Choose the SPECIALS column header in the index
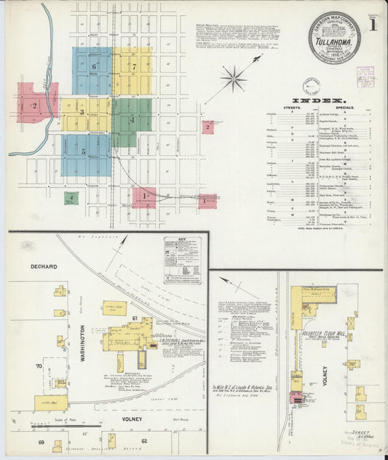[x=348, y=108]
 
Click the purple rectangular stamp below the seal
[x=365, y=78]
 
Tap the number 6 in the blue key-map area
[x=95, y=67]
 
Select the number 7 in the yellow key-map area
[x=134, y=66]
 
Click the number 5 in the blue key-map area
[x=84, y=151]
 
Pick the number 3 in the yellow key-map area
[x=82, y=112]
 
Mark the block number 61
[x=135, y=319]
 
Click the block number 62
[x=144, y=441]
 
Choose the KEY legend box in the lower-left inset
[x=183, y=261]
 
